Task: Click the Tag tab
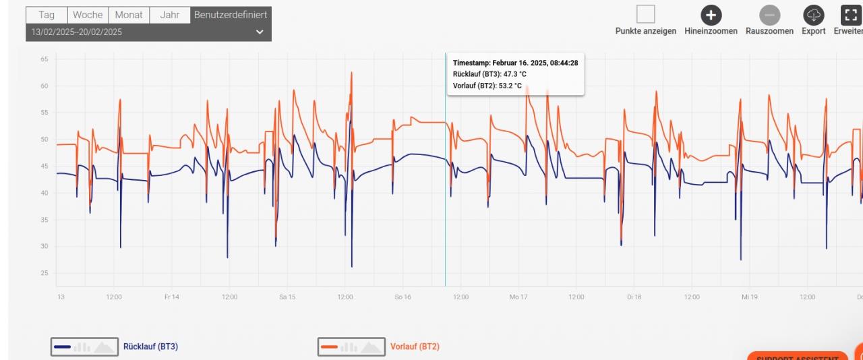(x=47, y=15)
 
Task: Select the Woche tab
(x=88, y=15)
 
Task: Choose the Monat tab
(x=129, y=15)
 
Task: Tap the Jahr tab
(x=170, y=15)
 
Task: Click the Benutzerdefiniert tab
(x=231, y=15)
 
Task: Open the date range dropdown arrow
(x=260, y=32)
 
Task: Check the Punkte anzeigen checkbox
(x=646, y=14)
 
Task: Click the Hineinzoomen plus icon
(x=711, y=15)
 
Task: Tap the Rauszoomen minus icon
(x=769, y=15)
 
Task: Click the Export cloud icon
(x=813, y=15)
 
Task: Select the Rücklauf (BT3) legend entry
(x=150, y=347)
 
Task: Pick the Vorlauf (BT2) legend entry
(x=415, y=347)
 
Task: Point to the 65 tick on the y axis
(x=44, y=59)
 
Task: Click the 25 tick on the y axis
(x=44, y=273)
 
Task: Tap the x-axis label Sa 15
(x=287, y=297)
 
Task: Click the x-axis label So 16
(x=403, y=297)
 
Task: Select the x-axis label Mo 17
(x=518, y=297)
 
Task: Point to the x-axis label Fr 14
(x=171, y=297)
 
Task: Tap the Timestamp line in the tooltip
(x=515, y=63)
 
